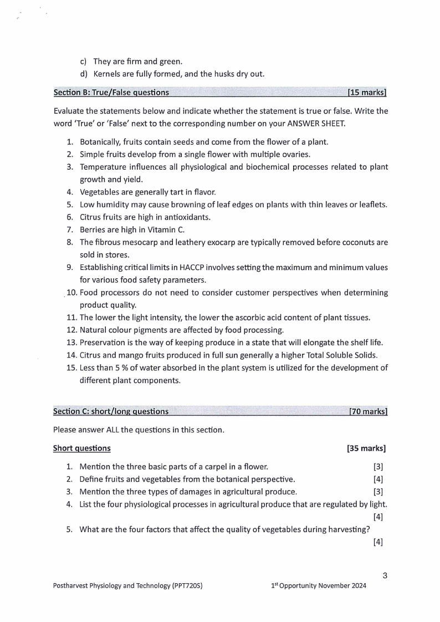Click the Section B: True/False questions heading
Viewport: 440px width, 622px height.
point(111,93)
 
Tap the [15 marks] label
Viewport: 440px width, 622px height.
point(366,93)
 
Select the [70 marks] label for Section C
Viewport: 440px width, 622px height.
point(367,411)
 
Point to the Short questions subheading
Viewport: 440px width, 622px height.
point(81,448)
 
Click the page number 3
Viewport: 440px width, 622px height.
point(385,575)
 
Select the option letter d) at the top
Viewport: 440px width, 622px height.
point(84,73)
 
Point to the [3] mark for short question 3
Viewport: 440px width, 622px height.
point(378,492)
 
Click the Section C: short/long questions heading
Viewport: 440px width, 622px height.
point(111,411)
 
